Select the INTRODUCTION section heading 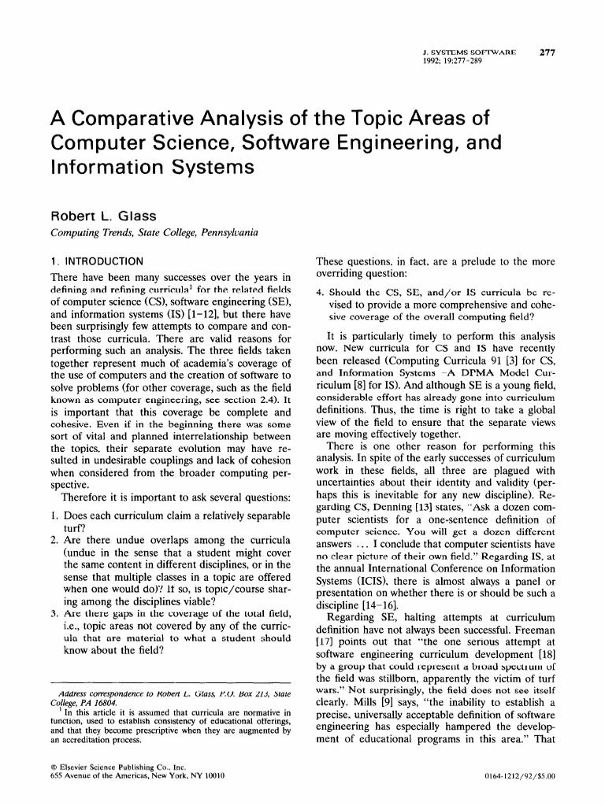pos(102,261)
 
